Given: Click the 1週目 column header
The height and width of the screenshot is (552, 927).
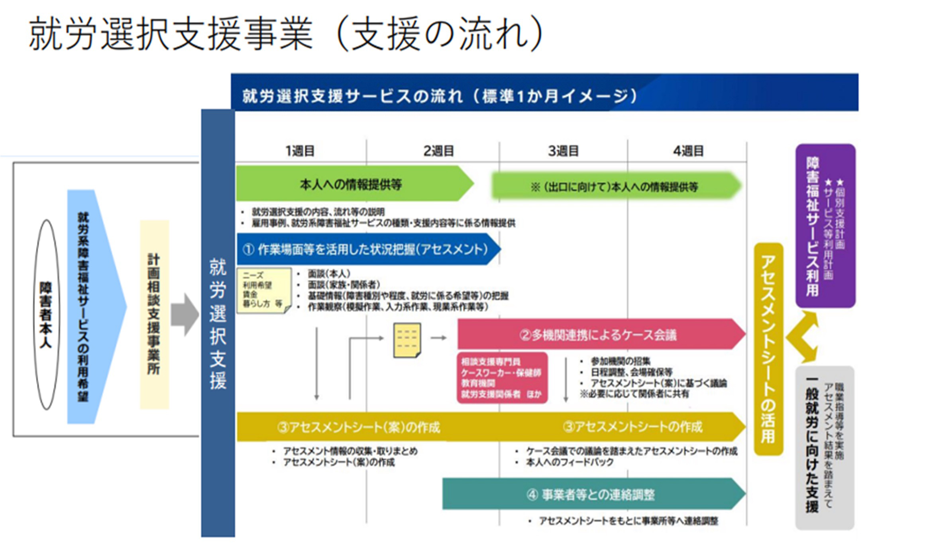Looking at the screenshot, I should pyautogui.click(x=300, y=151).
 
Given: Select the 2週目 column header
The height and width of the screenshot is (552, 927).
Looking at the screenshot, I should pyautogui.click(x=438, y=151).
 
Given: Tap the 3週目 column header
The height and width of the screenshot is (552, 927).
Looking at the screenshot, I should pyautogui.click(x=563, y=151).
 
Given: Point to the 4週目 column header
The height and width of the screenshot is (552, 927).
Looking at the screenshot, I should pyautogui.click(x=688, y=151).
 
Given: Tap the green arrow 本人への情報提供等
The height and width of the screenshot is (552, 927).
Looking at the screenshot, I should pyautogui.click(x=351, y=184).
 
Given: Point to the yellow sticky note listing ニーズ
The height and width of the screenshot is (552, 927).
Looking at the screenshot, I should pyautogui.click(x=263, y=290).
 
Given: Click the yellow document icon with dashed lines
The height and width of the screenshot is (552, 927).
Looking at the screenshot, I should pyautogui.click(x=407, y=340).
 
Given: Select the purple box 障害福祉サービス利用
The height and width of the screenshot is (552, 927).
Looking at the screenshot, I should pyautogui.click(x=825, y=226).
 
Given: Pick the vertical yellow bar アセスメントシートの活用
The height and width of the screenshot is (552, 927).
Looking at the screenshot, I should pyautogui.click(x=768, y=349).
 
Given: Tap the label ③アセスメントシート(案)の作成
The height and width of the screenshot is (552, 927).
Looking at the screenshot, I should pyautogui.click(x=359, y=428).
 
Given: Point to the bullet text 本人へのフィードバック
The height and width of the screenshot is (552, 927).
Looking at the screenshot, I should pyautogui.click(x=570, y=462).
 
